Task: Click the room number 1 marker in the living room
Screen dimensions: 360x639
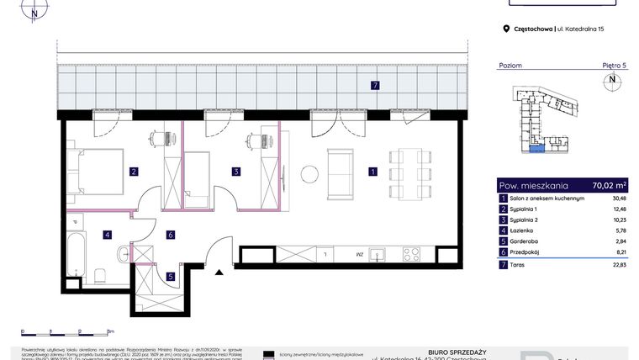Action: coord(372,172)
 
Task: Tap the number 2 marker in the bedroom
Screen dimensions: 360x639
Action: coord(134,172)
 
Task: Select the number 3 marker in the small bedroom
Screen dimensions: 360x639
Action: coord(236,172)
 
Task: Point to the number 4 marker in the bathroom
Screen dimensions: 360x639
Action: coord(107,235)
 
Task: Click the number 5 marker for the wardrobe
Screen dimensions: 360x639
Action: coord(170,275)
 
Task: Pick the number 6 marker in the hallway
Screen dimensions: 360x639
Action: coord(170,235)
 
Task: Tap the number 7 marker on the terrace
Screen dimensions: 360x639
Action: coord(376,85)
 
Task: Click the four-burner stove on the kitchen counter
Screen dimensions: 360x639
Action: coord(411,253)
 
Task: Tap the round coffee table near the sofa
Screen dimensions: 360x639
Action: coord(309,173)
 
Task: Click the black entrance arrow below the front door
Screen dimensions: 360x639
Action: coord(219,272)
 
